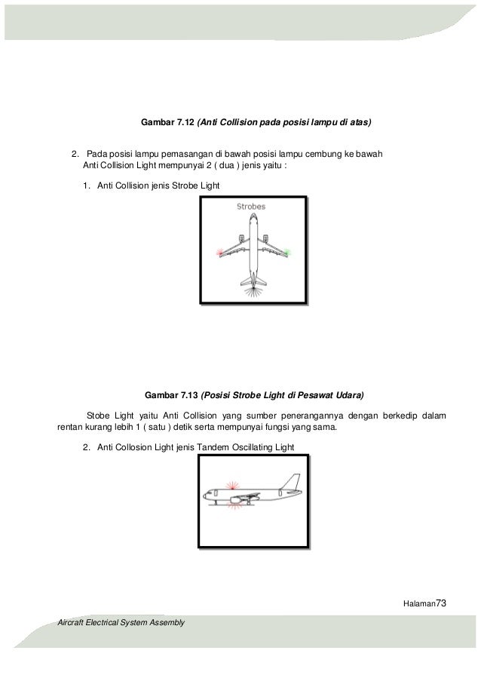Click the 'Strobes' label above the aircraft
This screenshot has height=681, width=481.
(x=251, y=206)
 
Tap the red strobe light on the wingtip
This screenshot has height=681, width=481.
(x=219, y=251)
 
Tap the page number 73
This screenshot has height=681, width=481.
(x=443, y=603)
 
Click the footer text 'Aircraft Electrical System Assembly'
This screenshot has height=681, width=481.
(x=121, y=622)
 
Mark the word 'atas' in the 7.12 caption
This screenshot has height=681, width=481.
(x=358, y=121)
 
